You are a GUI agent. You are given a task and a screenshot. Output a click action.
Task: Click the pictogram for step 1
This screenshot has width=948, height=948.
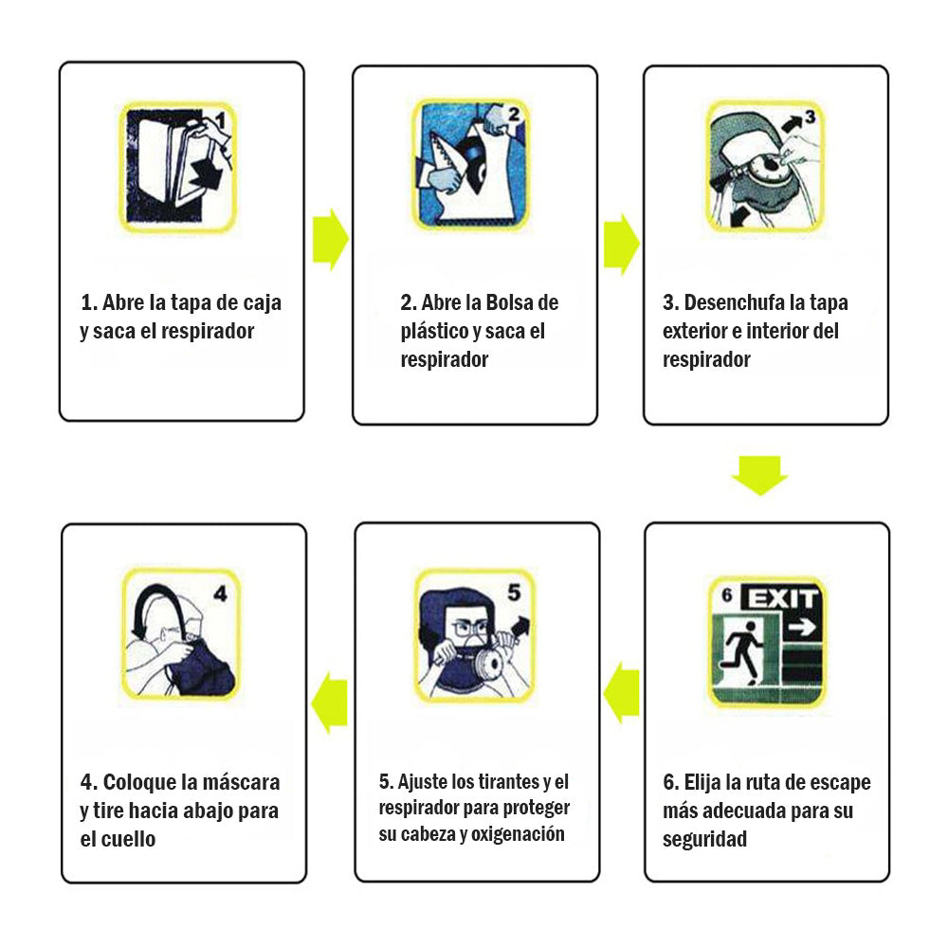click(178, 167)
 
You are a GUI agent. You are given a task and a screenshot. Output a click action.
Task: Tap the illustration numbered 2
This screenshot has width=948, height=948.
click(471, 165)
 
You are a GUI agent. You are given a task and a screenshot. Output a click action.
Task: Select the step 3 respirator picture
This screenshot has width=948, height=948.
click(765, 166)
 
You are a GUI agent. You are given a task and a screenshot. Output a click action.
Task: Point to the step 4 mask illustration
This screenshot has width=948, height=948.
click(181, 633)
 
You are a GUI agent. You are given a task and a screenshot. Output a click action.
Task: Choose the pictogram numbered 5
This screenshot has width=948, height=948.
click(475, 635)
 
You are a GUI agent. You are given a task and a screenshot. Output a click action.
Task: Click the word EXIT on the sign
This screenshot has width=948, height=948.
click(782, 599)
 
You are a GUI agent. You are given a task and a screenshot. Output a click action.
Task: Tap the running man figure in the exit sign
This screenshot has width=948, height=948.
click(744, 653)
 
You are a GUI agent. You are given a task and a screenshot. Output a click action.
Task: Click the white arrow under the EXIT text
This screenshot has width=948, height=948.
click(802, 629)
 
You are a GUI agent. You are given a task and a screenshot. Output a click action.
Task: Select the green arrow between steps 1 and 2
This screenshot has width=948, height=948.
click(331, 240)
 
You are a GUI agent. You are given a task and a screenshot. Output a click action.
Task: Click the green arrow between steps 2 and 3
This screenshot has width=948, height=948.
click(622, 243)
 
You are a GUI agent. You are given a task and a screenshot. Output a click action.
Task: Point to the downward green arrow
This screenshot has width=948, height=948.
click(760, 475)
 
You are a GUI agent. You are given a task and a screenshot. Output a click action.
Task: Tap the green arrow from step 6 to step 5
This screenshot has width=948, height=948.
click(621, 692)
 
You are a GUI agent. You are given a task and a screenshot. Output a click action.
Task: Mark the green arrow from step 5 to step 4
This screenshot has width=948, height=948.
click(330, 702)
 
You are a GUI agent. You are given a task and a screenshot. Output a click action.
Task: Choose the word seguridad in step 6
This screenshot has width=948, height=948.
click(704, 840)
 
